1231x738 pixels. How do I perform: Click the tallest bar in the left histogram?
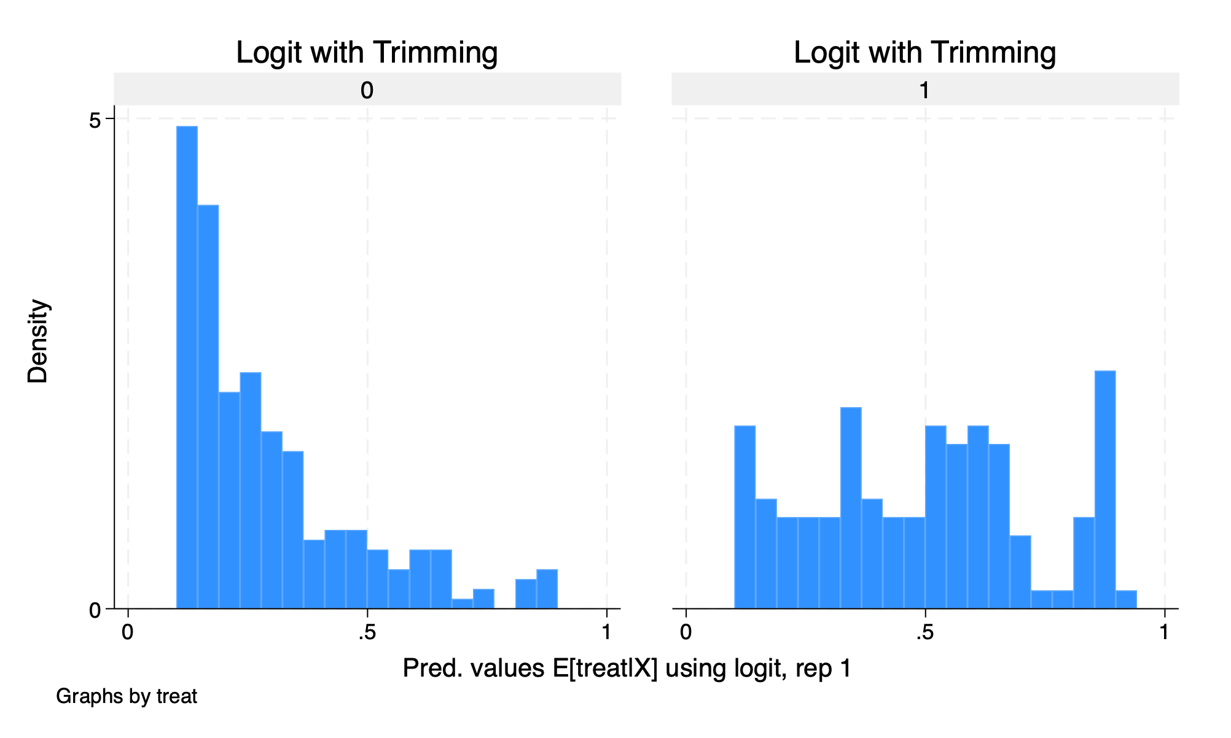click(187, 368)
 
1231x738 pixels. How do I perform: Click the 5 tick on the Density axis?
click(95, 120)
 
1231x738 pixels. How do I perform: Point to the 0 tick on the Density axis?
click(95, 610)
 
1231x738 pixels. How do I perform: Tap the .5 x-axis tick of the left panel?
click(367, 632)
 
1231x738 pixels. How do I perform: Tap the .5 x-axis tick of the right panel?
click(924, 632)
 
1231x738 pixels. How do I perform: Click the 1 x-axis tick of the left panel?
click(607, 632)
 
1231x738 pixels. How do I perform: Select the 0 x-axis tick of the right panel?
click(686, 632)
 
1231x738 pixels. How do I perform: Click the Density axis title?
click(37, 341)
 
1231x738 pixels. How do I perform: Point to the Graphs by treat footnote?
click(127, 696)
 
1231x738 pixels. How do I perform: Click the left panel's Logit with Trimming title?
click(367, 52)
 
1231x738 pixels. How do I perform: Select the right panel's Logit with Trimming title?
click(924, 52)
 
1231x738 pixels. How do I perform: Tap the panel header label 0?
click(367, 91)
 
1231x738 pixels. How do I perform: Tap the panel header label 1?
click(924, 91)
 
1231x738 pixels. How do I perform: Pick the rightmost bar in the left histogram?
click(547, 589)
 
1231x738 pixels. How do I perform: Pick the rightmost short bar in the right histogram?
click(1126, 600)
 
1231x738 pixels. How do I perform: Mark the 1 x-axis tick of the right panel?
click(1165, 632)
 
